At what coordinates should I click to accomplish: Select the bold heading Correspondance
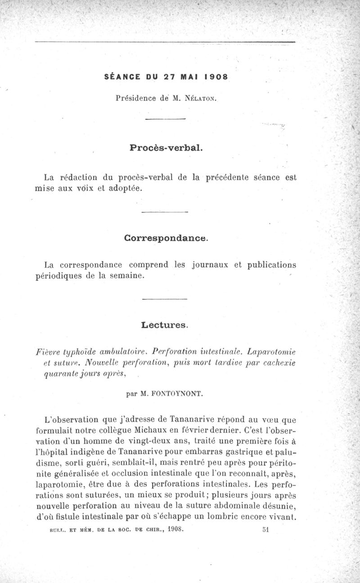pos(166,237)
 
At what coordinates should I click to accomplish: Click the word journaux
pos(211,265)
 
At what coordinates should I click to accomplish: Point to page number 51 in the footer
pos(265,529)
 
